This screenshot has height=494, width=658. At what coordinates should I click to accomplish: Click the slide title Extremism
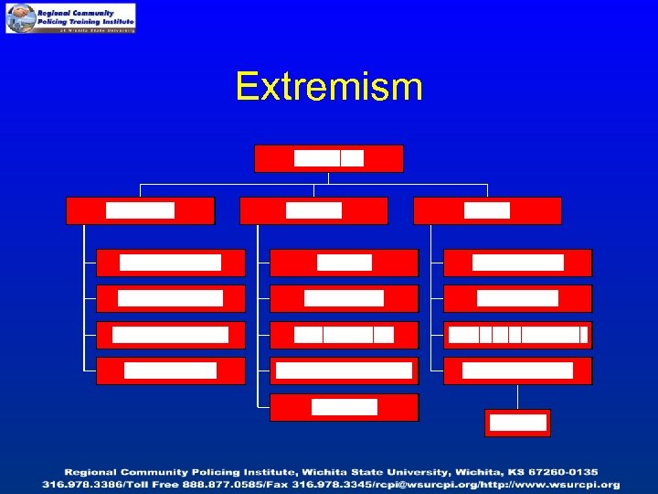(x=329, y=88)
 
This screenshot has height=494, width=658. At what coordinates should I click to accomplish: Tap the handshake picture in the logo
(x=20, y=17)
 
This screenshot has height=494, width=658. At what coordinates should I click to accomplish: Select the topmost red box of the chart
(x=329, y=158)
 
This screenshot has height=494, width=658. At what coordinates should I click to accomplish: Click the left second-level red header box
(x=140, y=210)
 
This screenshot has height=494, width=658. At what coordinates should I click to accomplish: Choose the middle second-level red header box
(x=313, y=210)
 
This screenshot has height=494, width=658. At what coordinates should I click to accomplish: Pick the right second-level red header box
(x=487, y=210)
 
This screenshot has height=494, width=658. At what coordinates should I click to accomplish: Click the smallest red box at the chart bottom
(x=517, y=423)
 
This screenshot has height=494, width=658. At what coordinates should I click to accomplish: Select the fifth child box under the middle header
(x=344, y=407)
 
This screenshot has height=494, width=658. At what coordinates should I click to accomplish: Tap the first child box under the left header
(x=171, y=263)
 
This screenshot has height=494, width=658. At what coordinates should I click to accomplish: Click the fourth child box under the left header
(x=171, y=370)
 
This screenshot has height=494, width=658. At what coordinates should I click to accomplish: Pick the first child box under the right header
(x=518, y=263)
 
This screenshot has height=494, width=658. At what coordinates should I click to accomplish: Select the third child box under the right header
(x=518, y=335)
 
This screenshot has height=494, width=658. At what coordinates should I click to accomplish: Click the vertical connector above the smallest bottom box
(x=517, y=396)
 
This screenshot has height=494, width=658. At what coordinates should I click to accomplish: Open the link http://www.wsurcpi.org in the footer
(x=549, y=484)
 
